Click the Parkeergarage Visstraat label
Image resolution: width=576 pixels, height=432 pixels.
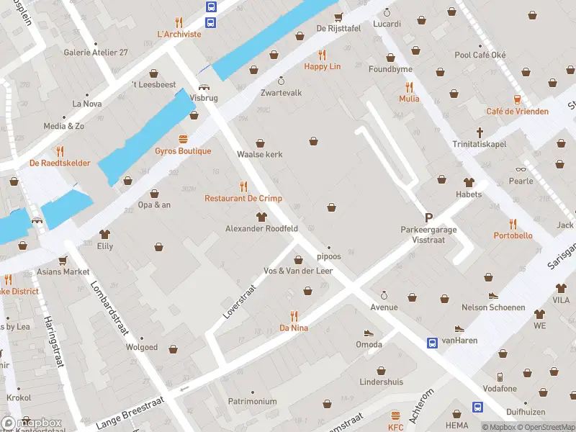point(428,234)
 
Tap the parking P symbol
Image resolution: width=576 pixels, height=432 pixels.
point(429,217)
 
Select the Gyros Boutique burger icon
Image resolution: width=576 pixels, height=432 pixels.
point(183,139)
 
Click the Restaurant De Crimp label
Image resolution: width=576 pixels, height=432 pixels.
point(243,198)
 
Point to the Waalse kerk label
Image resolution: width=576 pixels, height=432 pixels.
point(260,154)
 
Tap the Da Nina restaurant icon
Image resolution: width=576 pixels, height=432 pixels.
point(294,315)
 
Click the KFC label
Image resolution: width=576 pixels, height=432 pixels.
point(395,426)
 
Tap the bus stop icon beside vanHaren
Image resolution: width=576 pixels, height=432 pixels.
point(432,343)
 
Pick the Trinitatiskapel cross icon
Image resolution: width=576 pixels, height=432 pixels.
point(480,132)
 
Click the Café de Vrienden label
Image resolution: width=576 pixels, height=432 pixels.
point(517,111)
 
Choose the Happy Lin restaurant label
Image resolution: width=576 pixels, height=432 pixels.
point(322,66)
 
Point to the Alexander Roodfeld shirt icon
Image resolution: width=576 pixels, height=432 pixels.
point(262,217)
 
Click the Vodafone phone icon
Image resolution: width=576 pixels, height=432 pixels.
point(500,377)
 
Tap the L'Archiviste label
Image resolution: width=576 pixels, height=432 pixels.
point(179,33)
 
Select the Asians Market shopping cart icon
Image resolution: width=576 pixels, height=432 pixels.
point(63,260)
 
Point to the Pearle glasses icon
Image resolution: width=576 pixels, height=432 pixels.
point(521,169)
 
